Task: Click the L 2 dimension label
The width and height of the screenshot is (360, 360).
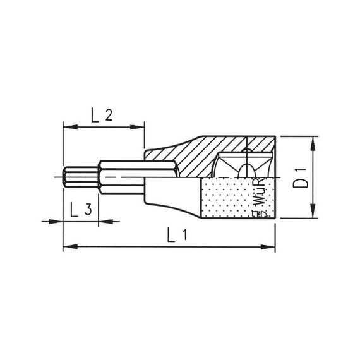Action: (102, 115)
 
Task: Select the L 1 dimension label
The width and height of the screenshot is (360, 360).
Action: (177, 235)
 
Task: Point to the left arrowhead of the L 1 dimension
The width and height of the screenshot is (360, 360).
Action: (68, 246)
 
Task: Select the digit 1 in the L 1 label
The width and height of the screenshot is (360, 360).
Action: (186, 235)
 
